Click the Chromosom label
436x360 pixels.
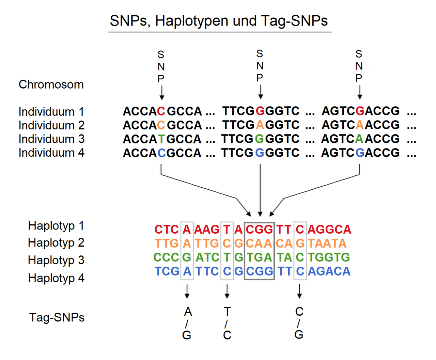[51, 84]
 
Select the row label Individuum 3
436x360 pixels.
[51, 139]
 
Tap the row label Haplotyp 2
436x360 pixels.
[56, 243]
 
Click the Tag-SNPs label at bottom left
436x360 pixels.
[57, 317]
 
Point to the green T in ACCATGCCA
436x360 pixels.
[161, 139]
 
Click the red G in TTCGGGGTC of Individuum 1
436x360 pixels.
[260, 111]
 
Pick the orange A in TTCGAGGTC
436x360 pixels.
[260, 125]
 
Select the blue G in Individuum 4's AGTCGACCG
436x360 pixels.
[360, 153]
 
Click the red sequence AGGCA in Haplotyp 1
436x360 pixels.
[329, 230]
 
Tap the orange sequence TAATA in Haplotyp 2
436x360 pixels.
[327, 244]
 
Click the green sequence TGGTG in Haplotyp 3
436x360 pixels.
[329, 257]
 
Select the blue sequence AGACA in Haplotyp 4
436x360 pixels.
[329, 271]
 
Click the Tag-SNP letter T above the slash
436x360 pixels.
[227, 312]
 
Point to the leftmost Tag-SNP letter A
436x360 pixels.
[188, 312]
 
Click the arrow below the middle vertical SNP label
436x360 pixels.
[260, 92]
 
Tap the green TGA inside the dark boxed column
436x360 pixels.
[259, 257]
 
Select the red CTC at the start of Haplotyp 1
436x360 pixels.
[167, 230]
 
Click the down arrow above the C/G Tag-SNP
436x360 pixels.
[299, 291]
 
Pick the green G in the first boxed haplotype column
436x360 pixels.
[187, 257]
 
